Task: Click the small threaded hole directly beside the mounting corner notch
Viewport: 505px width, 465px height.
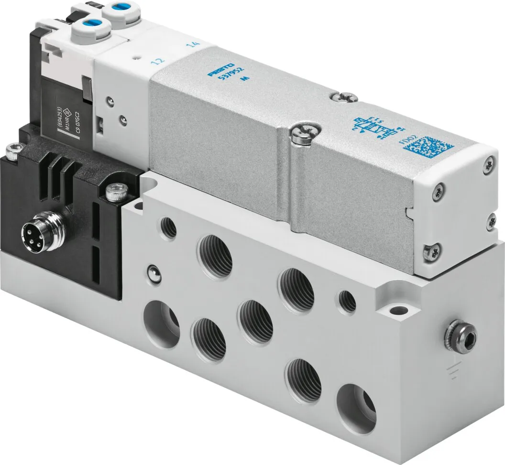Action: (347, 299)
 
